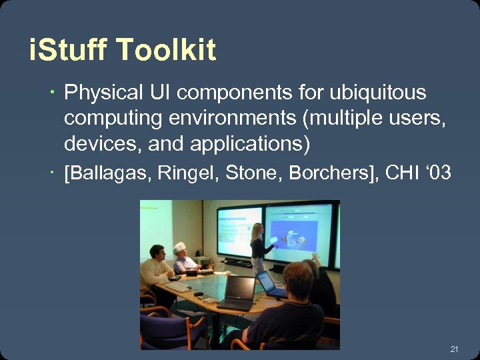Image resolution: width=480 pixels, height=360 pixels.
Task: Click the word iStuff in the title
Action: [68, 51]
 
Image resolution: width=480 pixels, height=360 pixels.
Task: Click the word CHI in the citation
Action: [403, 174]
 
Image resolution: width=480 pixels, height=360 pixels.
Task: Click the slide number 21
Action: [455, 349]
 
